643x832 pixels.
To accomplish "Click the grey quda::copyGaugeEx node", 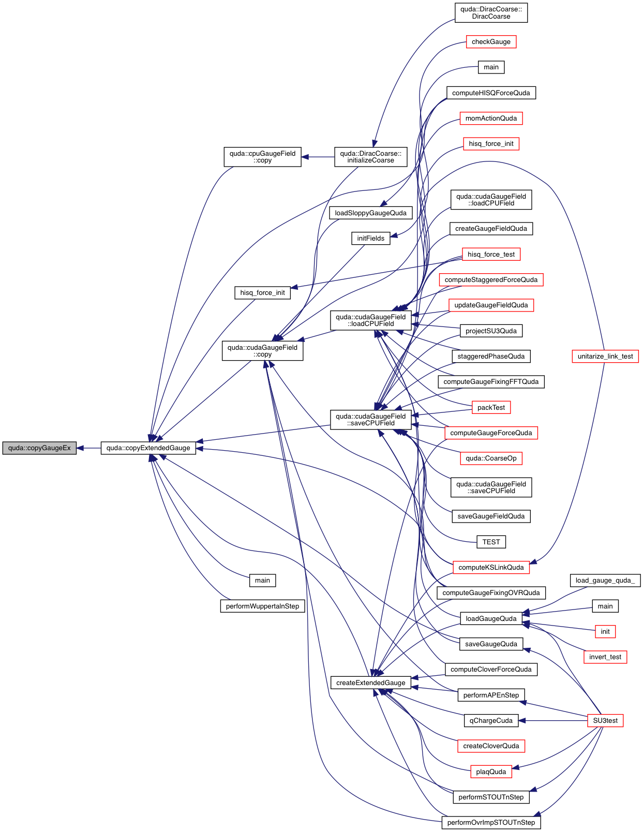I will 39,448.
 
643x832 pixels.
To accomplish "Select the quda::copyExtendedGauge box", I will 148,448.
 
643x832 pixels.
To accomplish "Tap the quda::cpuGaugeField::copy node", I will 262,157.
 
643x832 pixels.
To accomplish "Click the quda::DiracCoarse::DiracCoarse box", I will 491,13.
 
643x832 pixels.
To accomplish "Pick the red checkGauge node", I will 491,42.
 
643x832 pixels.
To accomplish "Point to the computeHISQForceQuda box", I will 491,93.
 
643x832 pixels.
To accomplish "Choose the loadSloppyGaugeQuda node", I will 370,213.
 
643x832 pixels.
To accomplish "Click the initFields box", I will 370,239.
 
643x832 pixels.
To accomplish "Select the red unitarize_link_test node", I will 605,356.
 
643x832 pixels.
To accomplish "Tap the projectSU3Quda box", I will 491,331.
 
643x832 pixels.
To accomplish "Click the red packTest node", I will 491,408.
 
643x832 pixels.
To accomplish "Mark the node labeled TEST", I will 491,542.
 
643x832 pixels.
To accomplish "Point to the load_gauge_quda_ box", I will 605,581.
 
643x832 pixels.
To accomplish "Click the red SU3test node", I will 605,721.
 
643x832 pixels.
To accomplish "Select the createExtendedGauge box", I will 370,683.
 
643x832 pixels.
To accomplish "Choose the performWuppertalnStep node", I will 262,606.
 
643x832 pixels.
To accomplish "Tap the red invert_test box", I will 605,657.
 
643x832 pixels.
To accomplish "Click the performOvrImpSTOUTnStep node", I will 491,823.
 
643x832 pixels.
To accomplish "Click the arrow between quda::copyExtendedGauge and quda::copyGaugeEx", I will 88,448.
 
